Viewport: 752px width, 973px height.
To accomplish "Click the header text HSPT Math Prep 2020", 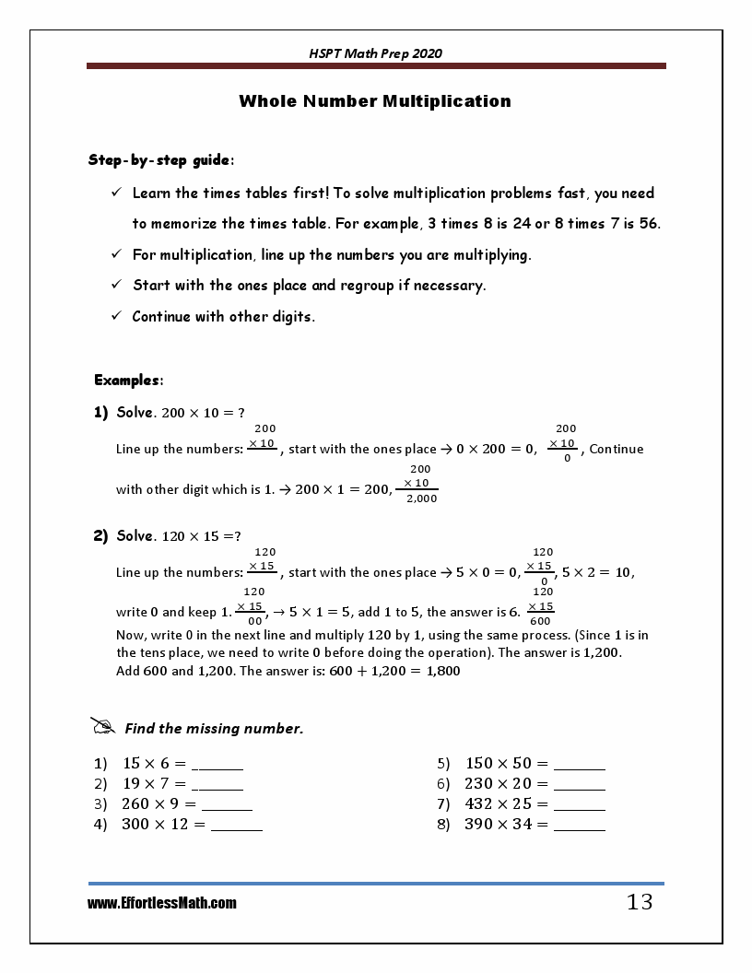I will pos(375,53).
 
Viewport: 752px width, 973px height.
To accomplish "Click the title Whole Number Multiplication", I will pos(375,101).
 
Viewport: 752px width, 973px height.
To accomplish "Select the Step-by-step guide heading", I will pos(160,160).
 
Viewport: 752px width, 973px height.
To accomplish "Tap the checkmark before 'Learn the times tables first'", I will pos(117,193).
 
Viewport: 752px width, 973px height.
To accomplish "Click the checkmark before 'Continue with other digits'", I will pos(117,316).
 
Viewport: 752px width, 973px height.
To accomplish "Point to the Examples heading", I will pos(129,381).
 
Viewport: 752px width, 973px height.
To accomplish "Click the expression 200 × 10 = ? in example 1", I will pos(203,413).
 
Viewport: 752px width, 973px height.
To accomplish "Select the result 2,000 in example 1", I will pos(422,498).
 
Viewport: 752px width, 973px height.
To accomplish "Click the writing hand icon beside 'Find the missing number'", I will pos(103,727).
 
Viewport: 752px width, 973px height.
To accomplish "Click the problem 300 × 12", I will pos(163,825).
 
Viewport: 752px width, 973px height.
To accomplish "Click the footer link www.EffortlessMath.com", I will pos(162,904).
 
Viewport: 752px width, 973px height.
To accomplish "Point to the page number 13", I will pos(640,903).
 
